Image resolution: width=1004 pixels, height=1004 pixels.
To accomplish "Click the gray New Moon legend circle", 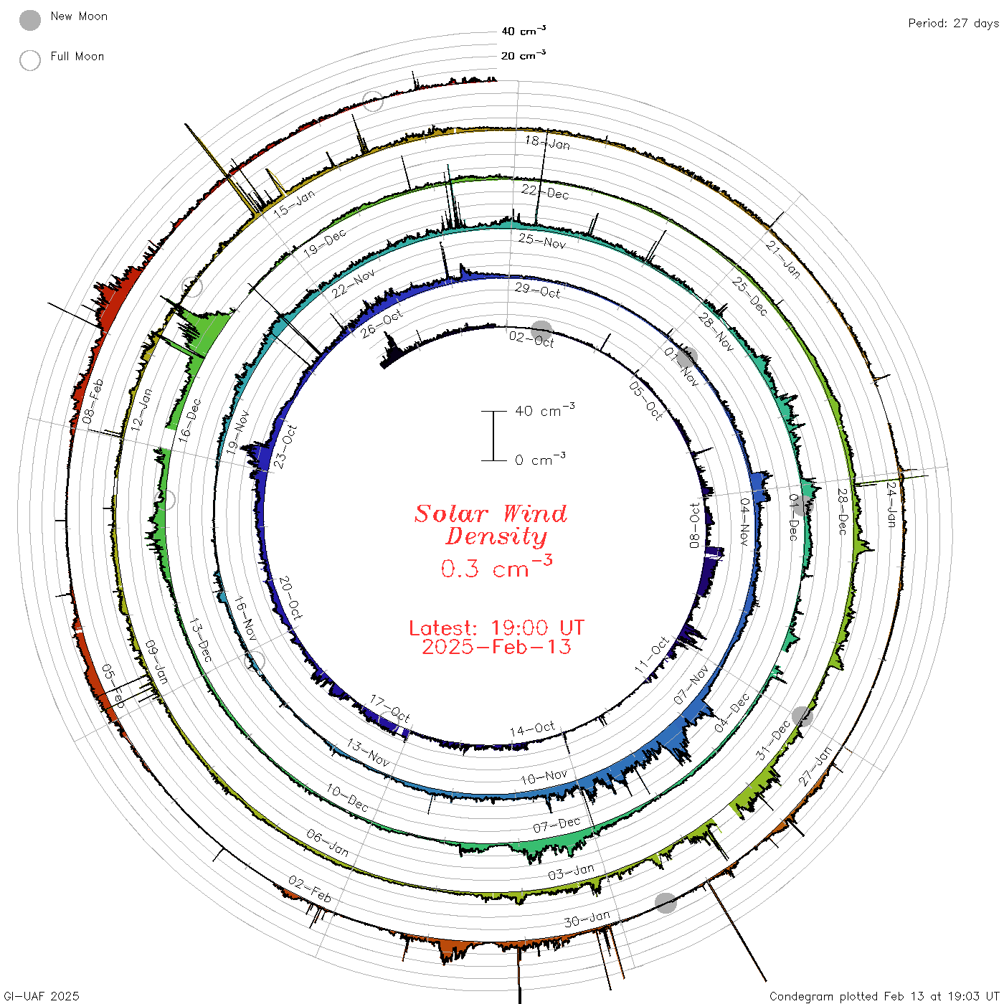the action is coord(29,20).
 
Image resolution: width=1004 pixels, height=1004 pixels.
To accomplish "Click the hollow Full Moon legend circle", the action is coord(29,60).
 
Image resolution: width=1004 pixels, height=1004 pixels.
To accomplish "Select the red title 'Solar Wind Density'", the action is coord(491,525).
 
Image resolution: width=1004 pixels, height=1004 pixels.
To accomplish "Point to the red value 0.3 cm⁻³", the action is coord(496,567).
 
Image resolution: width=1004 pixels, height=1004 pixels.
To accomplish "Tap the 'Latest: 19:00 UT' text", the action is coord(496,627).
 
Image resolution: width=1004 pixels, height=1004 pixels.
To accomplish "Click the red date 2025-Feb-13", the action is coord(496,647).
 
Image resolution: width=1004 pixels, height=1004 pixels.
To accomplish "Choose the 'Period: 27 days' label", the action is coord(954,24).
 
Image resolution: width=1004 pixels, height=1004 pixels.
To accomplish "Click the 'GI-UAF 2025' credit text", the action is coord(41,996).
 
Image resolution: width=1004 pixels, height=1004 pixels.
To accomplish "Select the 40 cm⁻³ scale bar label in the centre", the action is coord(545,410).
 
